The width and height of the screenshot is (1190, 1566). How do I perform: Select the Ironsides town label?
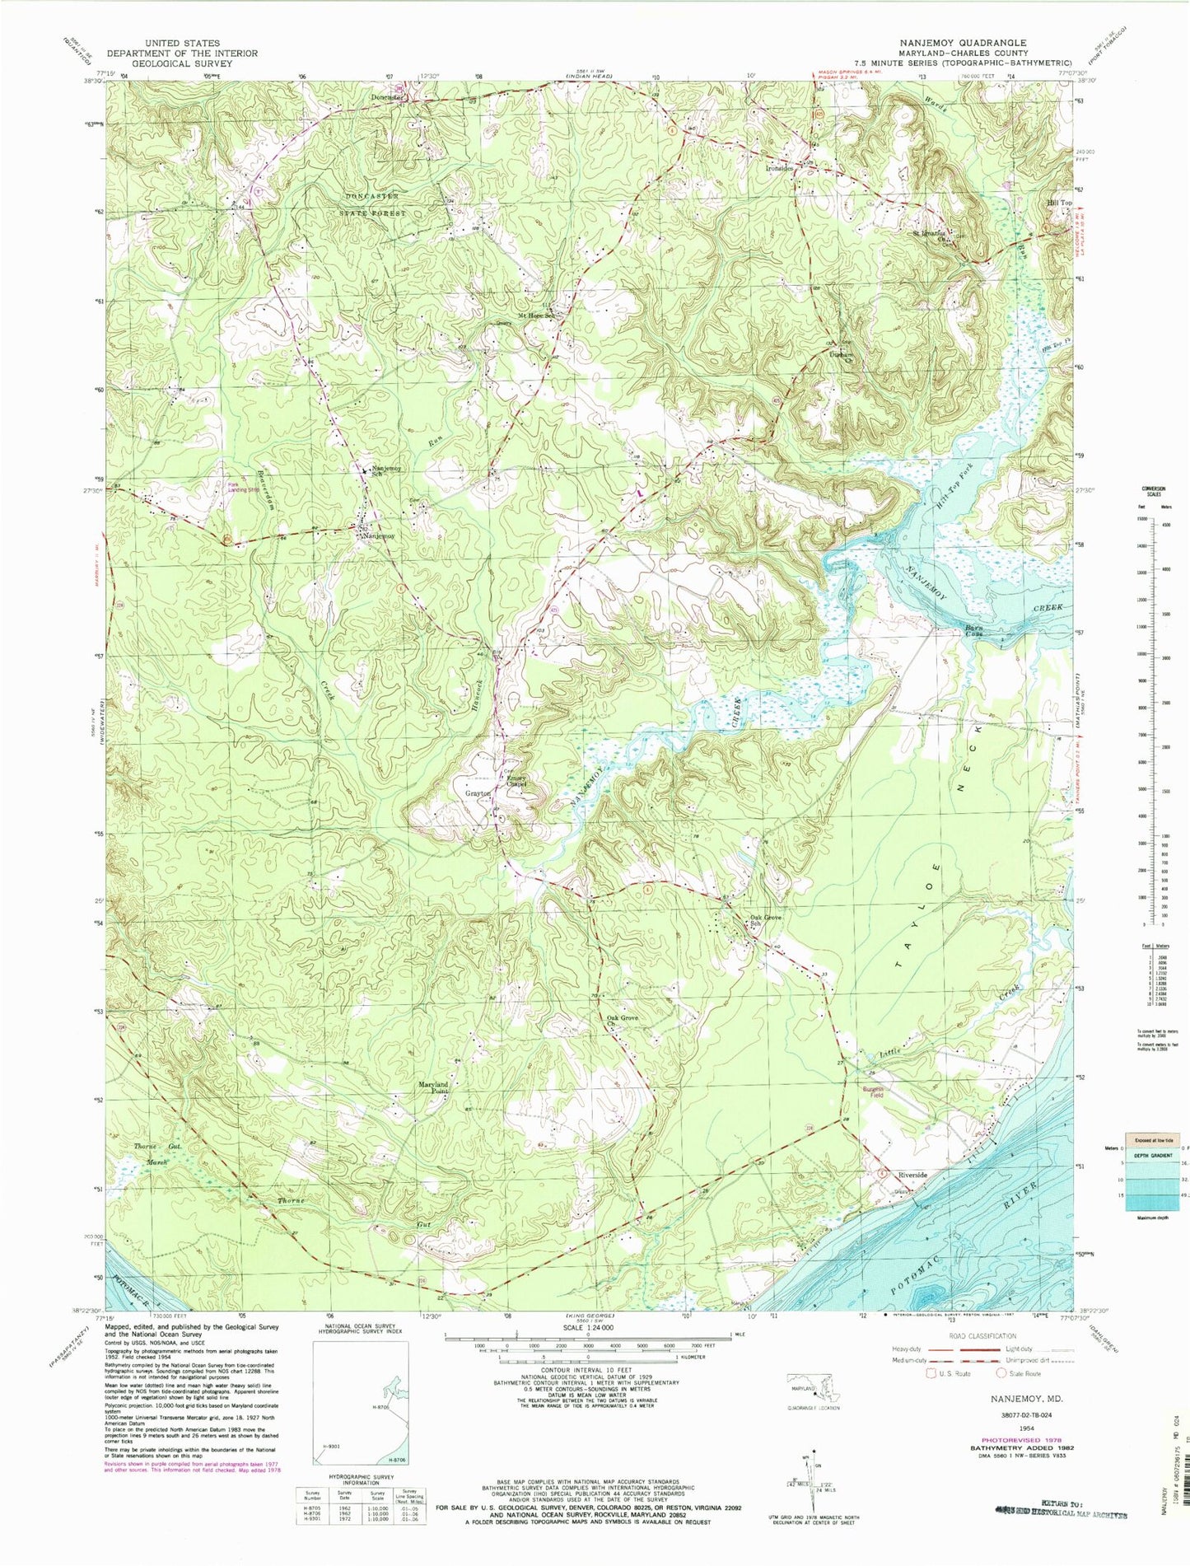coord(778,167)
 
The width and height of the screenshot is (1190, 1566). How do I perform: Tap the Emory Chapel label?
coord(516,780)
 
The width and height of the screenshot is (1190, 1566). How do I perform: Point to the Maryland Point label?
coord(432,1088)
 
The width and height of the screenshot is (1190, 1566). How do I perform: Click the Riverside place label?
coord(912,1175)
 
